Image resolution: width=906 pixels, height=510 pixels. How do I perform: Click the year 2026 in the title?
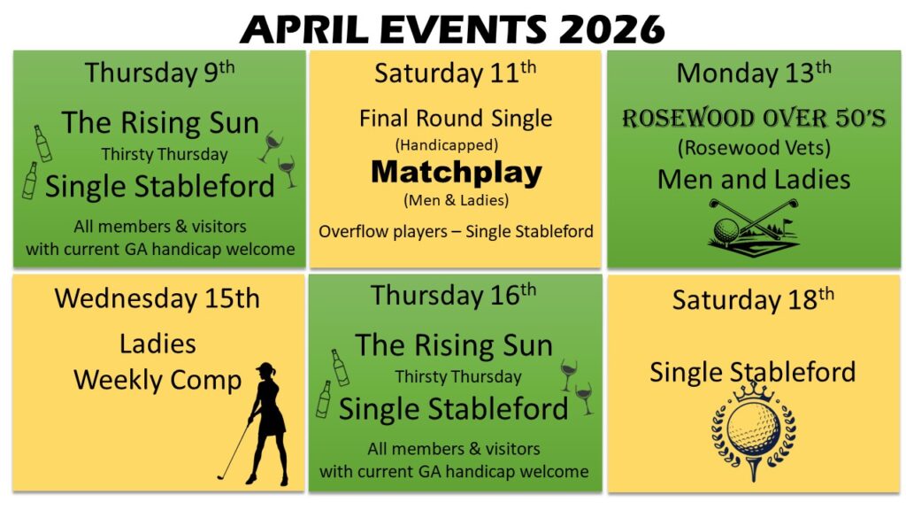[x=611, y=29]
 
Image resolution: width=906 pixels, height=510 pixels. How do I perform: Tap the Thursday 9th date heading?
[x=159, y=73]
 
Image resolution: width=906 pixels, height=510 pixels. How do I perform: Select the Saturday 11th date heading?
[x=456, y=73]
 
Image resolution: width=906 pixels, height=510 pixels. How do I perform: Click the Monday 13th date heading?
[x=754, y=73]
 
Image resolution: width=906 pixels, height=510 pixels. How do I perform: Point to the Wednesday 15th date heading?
[x=157, y=298]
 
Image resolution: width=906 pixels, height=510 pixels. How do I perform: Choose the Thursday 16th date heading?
[x=454, y=295]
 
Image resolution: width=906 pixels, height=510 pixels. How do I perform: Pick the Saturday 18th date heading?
[x=753, y=299]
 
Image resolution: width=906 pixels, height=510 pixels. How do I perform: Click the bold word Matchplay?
[x=457, y=172]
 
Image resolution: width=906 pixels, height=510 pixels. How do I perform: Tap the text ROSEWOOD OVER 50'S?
[x=754, y=118]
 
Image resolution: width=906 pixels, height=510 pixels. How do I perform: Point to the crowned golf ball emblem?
[x=754, y=431]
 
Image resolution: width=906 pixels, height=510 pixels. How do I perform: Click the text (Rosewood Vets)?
[x=754, y=148]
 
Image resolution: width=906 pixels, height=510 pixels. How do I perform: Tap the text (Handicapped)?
[x=447, y=144]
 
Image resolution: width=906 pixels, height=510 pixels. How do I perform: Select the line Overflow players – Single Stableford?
[x=456, y=231]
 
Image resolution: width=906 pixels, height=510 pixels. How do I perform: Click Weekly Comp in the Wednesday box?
[x=157, y=381]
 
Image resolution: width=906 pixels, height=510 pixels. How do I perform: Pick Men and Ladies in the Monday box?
[x=754, y=179]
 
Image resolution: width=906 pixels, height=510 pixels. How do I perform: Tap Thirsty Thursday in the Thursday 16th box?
[x=458, y=377]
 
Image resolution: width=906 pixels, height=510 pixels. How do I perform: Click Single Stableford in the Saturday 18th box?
[x=753, y=372]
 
